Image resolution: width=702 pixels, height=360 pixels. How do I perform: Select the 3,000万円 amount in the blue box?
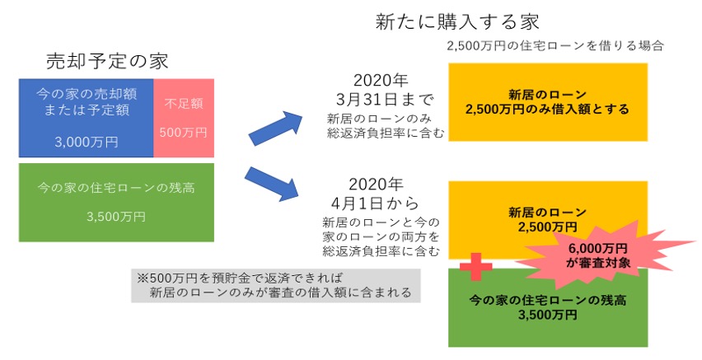click(x=86, y=142)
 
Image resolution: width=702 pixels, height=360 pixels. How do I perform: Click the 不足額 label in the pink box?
click(x=184, y=104)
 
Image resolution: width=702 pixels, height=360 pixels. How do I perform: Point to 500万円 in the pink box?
click(x=184, y=132)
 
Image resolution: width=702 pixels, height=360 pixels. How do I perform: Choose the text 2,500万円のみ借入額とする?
click(x=547, y=109)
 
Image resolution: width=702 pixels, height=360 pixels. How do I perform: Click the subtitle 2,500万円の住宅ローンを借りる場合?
click(x=555, y=46)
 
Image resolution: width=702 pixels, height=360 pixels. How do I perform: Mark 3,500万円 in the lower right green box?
click(x=547, y=315)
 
